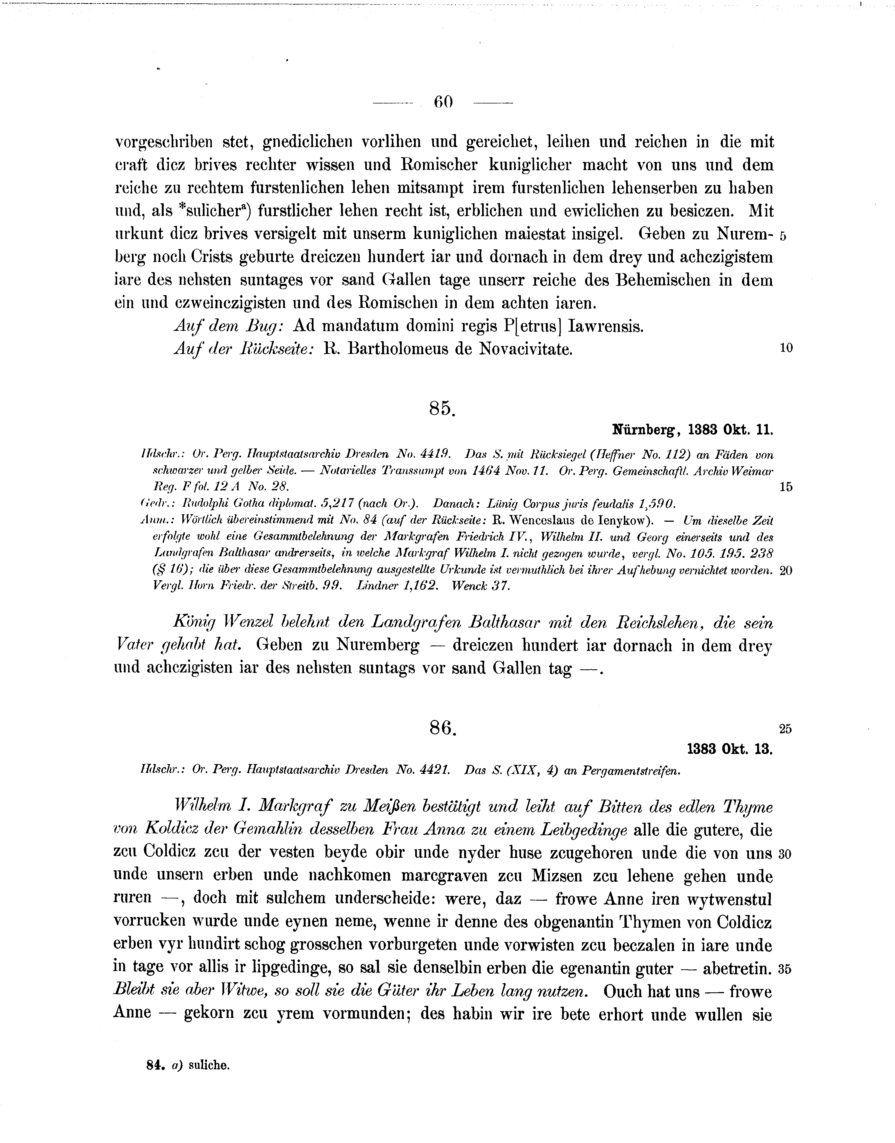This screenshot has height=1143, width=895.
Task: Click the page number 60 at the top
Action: (x=443, y=102)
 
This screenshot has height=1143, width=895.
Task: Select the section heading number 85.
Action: (x=442, y=408)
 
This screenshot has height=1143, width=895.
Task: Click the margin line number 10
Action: (x=786, y=348)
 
